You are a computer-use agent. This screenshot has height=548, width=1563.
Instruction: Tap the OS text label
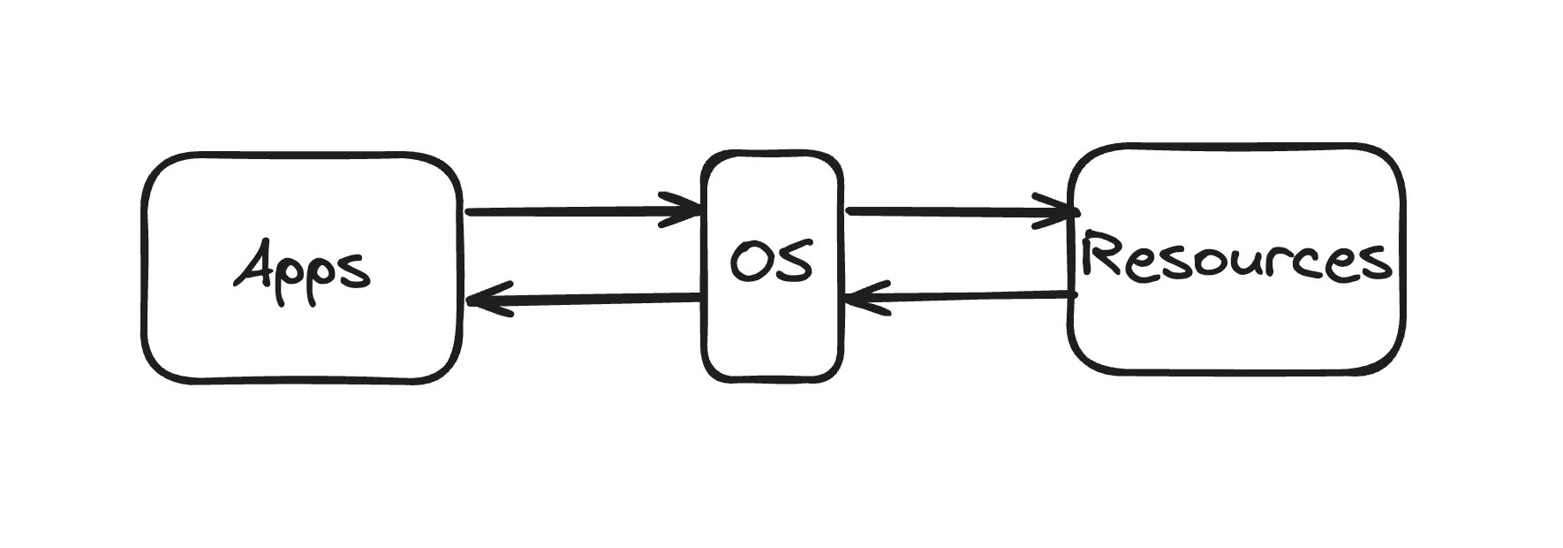[x=771, y=263]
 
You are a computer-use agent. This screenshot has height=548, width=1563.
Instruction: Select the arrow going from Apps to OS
[x=574, y=211]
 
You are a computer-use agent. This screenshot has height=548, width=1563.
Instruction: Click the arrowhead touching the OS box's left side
[x=684, y=210]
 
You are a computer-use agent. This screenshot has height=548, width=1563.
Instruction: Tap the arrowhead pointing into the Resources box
[x=1060, y=211]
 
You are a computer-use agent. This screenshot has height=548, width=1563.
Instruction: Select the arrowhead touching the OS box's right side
[x=861, y=298]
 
